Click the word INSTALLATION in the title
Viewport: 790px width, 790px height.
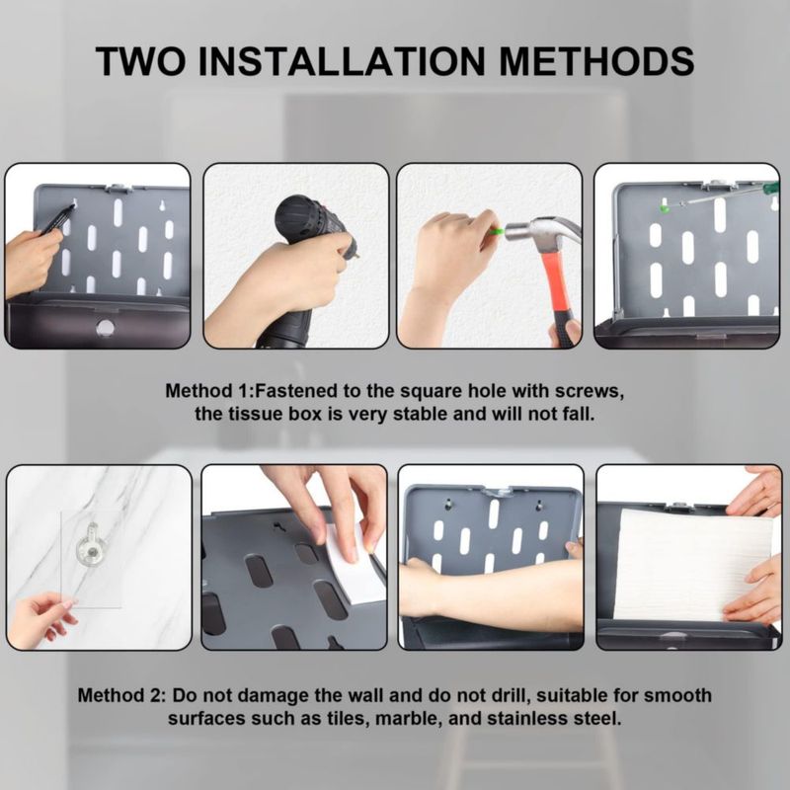pyautogui.click(x=342, y=61)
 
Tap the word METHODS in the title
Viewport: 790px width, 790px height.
pyautogui.click(x=596, y=61)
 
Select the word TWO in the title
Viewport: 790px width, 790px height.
pyautogui.click(x=140, y=61)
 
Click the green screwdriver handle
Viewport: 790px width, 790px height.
pyautogui.click(x=770, y=189)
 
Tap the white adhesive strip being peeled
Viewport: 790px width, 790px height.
pyautogui.click(x=353, y=564)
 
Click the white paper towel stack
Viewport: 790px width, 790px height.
pyautogui.click(x=695, y=564)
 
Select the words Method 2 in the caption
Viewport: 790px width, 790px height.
pyautogui.click(x=120, y=696)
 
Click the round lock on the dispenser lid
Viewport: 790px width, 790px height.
pyautogui.click(x=105, y=328)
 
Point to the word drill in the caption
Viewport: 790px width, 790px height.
pyautogui.click(x=510, y=696)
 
